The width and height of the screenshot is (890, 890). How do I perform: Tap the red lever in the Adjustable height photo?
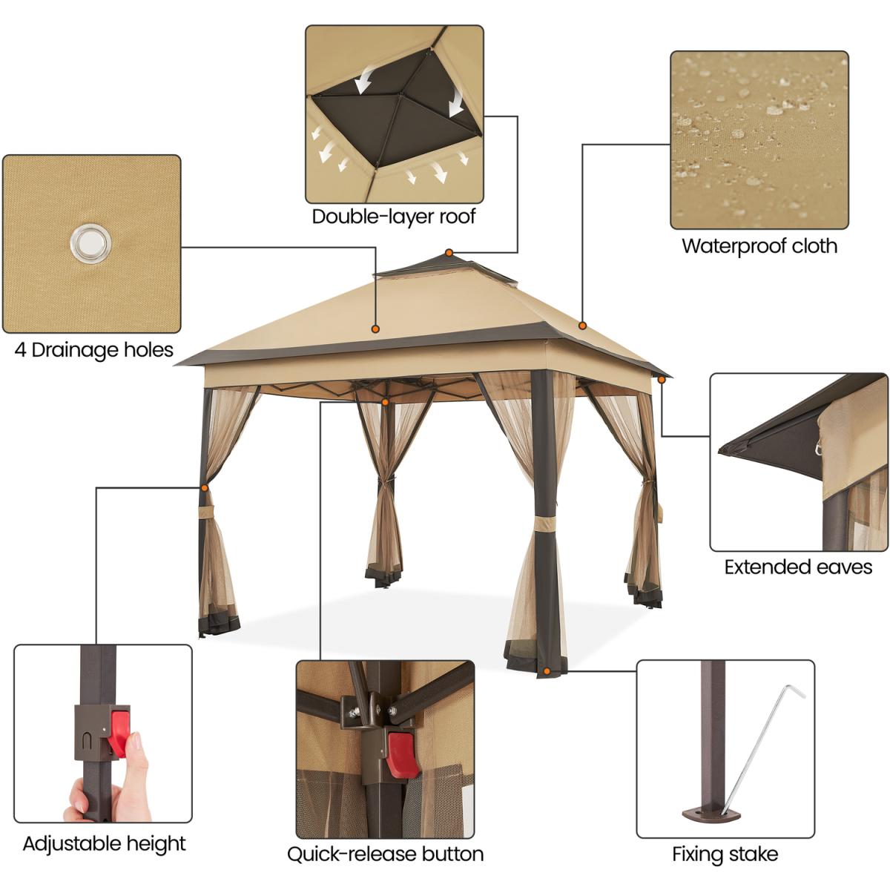pyautogui.click(x=119, y=731)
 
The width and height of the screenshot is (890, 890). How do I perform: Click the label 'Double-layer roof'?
pyautogui.click(x=394, y=217)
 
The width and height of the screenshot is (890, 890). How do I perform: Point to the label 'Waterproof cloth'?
pyautogui.click(x=759, y=246)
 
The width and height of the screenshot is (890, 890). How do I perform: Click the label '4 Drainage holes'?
pyautogui.click(x=93, y=350)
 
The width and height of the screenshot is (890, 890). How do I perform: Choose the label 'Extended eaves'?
pyautogui.click(x=798, y=567)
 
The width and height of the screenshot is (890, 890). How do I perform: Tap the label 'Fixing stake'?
pyautogui.click(x=725, y=854)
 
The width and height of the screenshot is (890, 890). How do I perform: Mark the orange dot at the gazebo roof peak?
pyautogui.click(x=449, y=253)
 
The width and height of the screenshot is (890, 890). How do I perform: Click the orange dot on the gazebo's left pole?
pyautogui.click(x=204, y=488)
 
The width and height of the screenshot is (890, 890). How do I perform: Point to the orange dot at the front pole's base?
pyautogui.click(x=547, y=670)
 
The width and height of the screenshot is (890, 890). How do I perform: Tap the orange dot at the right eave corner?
pyautogui.click(x=662, y=380)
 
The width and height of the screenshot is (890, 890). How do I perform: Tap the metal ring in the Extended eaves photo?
pyautogui.click(x=818, y=446)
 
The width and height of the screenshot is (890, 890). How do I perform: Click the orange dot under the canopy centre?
pyautogui.click(x=385, y=402)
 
